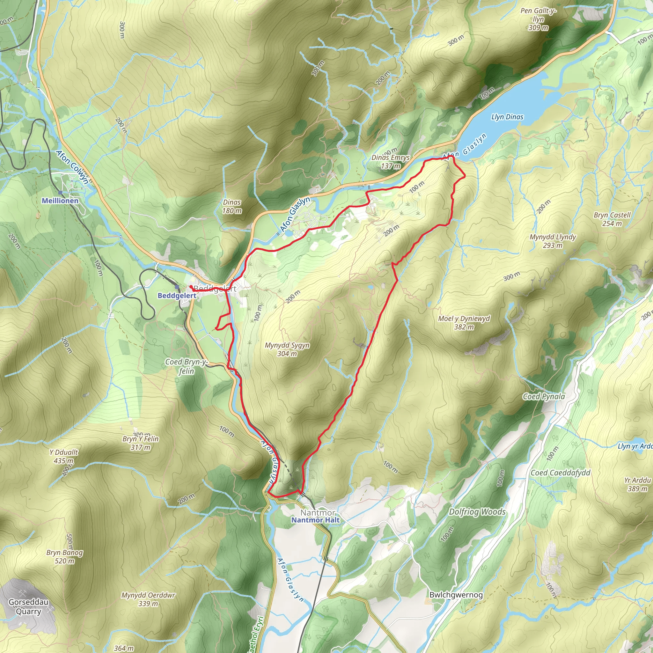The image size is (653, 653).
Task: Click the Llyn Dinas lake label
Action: tap(507, 117)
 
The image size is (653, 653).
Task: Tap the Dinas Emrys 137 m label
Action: tap(390, 162)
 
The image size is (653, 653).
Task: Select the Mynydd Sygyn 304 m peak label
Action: tap(287, 349)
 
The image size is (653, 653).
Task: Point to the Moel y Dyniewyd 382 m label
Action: tap(464, 322)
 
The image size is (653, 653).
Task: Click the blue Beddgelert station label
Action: tap(177, 296)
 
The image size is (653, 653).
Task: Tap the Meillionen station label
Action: tap(60, 201)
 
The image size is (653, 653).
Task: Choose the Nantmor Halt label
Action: tap(315, 520)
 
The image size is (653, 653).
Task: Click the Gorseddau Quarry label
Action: tap(28, 607)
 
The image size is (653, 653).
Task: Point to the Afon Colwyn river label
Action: tap(73, 167)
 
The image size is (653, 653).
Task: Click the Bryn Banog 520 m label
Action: tap(64, 557)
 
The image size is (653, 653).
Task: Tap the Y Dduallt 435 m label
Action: tap(63, 456)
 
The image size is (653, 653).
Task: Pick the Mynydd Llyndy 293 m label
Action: tap(553, 241)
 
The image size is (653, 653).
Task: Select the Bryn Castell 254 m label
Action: tap(612, 219)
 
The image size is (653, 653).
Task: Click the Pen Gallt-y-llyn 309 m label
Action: tap(539, 19)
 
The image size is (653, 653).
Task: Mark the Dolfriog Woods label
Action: tap(477, 512)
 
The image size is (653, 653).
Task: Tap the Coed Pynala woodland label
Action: tap(544, 396)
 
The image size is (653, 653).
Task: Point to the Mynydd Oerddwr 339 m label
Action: tap(148, 599)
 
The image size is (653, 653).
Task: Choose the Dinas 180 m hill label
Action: tap(232, 207)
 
